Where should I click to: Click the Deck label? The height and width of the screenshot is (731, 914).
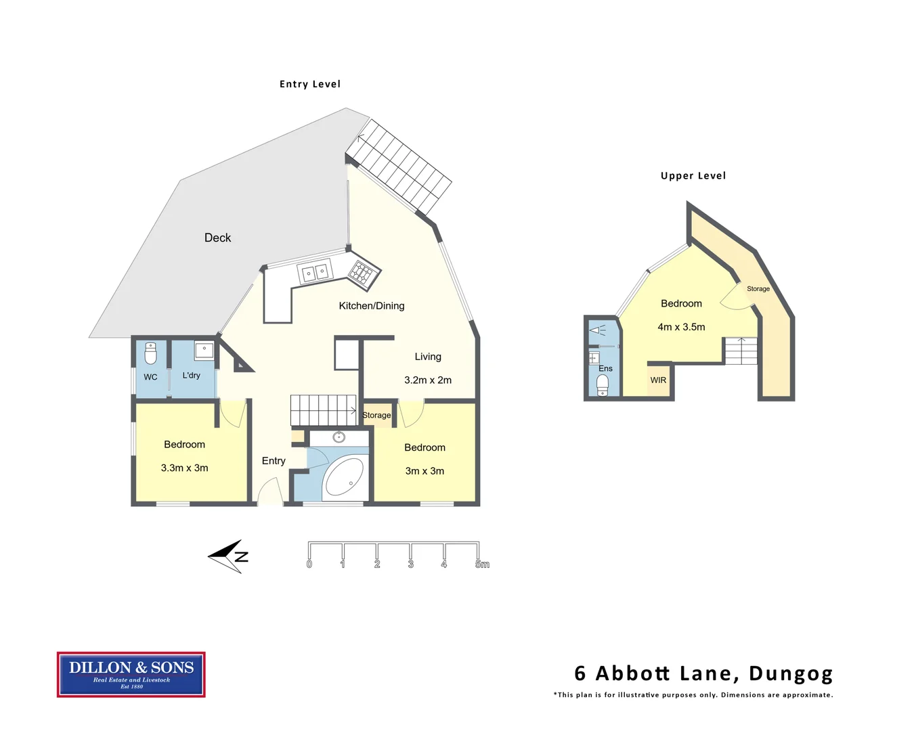pos(217,238)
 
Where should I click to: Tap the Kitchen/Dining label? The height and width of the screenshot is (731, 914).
pos(371,306)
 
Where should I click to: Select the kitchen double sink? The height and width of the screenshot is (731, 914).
pos(315,273)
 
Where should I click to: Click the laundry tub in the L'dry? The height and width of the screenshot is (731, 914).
pos(204,351)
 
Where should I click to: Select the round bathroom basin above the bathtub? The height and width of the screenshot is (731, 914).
pos(339,437)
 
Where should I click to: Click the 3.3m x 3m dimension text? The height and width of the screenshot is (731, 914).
pos(184,468)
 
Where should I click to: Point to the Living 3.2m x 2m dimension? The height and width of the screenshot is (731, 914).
pos(427,380)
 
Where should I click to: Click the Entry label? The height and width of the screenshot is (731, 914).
pos(274,461)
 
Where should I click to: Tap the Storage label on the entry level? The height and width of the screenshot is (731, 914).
pos(376,415)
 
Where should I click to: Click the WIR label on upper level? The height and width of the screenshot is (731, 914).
pos(658,380)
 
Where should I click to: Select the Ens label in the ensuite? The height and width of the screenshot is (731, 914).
pos(605,369)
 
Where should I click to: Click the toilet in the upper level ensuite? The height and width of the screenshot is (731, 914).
pos(603,385)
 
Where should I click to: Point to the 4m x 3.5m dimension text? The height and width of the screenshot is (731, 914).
pos(681,327)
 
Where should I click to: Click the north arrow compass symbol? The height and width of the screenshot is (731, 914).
pos(228,556)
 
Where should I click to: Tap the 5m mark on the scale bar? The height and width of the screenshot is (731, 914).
pos(481,564)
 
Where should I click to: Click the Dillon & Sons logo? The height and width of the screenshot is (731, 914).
pos(131,674)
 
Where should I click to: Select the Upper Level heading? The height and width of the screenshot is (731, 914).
pos(693,176)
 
